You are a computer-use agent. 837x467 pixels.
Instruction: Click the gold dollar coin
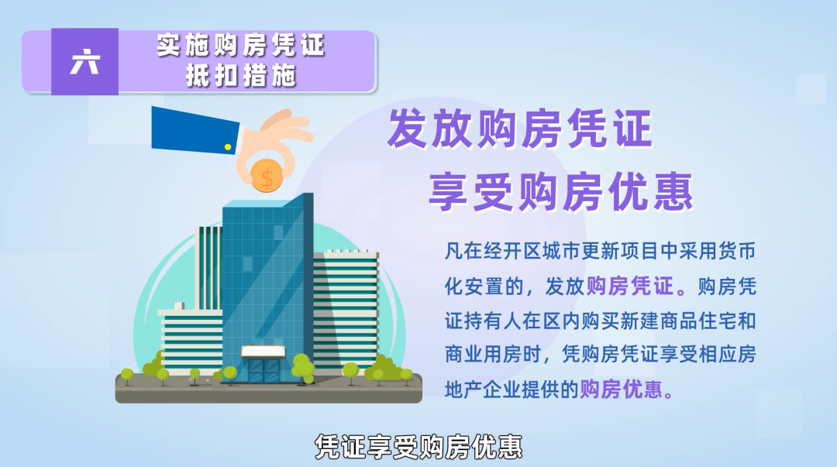(267, 177)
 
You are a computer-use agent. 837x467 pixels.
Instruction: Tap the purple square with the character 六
(85, 61)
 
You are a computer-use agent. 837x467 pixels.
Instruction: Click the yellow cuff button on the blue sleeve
(228, 147)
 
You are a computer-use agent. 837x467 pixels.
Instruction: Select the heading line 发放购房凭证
(519, 129)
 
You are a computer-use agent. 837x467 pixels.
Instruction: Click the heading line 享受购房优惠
(561, 191)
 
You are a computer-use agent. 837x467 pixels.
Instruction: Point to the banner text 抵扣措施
(241, 75)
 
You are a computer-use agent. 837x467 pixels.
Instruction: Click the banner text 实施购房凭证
(241, 46)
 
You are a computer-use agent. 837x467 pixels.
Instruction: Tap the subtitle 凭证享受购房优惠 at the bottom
(418, 446)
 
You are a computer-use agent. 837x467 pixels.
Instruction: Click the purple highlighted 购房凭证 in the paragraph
(630, 287)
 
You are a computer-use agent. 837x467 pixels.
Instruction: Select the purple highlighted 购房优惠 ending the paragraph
(622, 389)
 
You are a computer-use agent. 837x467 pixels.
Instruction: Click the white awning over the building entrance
(263, 351)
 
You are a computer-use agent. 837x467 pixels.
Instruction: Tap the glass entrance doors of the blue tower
(263, 370)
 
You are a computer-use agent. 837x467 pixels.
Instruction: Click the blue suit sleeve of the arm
(195, 129)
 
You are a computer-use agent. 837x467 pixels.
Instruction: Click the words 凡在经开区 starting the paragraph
(494, 251)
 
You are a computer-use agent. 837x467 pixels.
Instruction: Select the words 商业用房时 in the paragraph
(494, 354)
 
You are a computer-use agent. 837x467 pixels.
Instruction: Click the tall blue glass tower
(267, 288)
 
